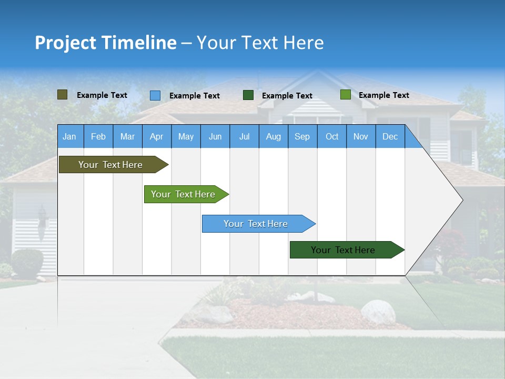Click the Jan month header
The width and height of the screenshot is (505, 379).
[69, 137]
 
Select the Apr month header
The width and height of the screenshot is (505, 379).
[156, 137]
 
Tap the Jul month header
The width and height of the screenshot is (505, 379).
[244, 137]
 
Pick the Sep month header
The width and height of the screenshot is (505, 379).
[302, 137]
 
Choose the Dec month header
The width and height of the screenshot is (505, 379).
[390, 137]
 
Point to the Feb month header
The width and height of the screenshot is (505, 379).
[98, 137]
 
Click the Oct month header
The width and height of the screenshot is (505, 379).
[332, 137]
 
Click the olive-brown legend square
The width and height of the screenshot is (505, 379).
[63, 95]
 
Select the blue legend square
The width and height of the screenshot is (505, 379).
[155, 95]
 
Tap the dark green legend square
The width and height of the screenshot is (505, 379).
[248, 95]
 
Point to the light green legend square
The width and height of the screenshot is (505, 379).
[345, 95]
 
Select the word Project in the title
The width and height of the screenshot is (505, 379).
[65, 43]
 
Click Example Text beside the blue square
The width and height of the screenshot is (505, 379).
[195, 96]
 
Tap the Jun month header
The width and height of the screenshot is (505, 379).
[215, 137]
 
